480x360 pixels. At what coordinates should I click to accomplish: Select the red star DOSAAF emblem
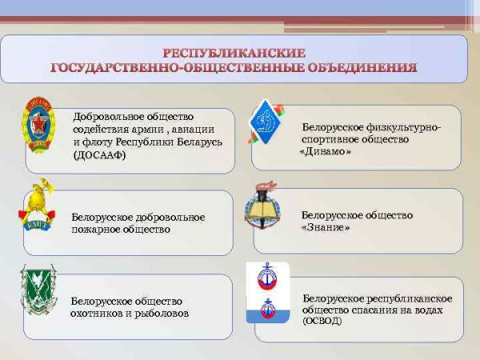[38, 122]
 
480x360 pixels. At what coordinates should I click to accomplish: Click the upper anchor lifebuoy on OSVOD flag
[266, 278]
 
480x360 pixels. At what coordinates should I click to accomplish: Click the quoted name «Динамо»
[326, 151]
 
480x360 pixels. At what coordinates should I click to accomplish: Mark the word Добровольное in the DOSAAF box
[102, 117]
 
